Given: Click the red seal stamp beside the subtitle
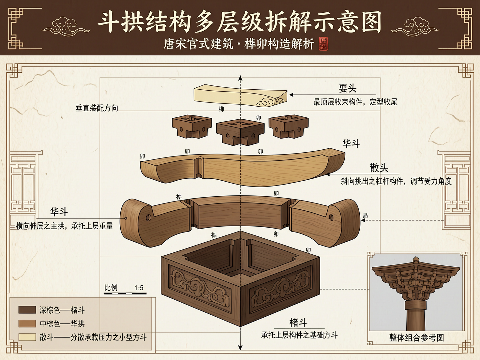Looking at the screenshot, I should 323,44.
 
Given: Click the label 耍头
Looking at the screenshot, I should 347,88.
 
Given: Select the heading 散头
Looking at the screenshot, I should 379,168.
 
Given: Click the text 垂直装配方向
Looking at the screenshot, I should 97,108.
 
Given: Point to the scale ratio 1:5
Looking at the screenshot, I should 139,288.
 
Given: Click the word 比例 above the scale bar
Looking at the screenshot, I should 111,288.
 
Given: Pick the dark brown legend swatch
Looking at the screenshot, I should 27,310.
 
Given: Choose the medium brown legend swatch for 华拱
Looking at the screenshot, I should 27,323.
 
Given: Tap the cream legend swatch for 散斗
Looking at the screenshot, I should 27,337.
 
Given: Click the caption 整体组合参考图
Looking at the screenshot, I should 416,338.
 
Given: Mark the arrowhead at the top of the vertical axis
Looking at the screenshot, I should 240,78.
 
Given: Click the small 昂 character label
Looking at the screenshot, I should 366,216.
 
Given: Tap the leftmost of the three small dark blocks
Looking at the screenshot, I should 191,126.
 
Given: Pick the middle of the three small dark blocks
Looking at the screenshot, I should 240,131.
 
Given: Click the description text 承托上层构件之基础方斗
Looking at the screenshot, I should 299,335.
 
